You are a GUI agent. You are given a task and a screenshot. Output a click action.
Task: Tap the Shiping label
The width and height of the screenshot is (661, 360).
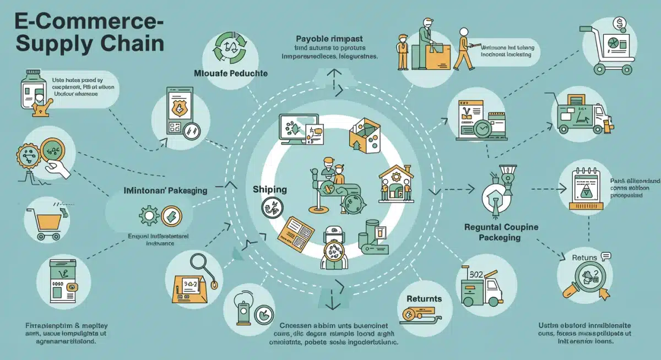tap(270, 189)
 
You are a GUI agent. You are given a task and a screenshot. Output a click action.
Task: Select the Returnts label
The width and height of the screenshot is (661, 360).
tap(424, 299)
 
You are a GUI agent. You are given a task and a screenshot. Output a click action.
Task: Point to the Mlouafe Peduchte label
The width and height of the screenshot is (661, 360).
tap(231, 73)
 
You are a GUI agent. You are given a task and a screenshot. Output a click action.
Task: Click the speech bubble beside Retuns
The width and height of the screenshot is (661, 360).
tap(606, 255)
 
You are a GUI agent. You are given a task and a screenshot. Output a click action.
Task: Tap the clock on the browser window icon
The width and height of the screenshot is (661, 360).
tap(482, 128)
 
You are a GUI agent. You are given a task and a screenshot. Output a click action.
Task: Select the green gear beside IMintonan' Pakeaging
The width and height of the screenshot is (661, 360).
tap(149, 215)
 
